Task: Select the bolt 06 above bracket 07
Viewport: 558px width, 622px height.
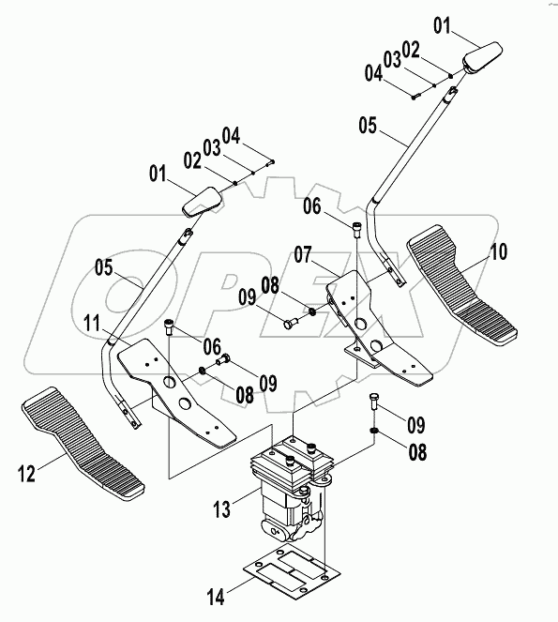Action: coord(356,231)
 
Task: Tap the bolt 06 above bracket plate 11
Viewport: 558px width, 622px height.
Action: coord(169,327)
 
